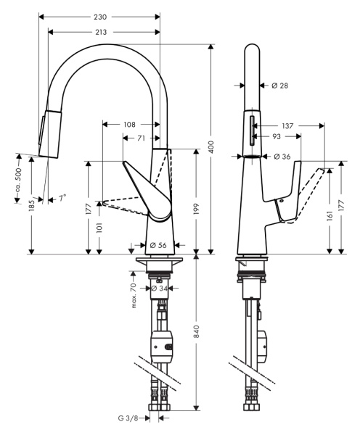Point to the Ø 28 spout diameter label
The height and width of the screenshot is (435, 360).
[x=279, y=86]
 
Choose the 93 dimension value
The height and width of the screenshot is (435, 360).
[x=276, y=136]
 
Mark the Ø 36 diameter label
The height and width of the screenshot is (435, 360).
[x=282, y=156]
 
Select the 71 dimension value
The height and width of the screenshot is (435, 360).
[x=140, y=137]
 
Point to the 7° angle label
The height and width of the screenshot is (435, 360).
[x=62, y=197]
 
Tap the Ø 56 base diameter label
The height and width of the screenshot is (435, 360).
[x=157, y=245]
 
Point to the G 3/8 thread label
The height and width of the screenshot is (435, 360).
[x=131, y=418]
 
